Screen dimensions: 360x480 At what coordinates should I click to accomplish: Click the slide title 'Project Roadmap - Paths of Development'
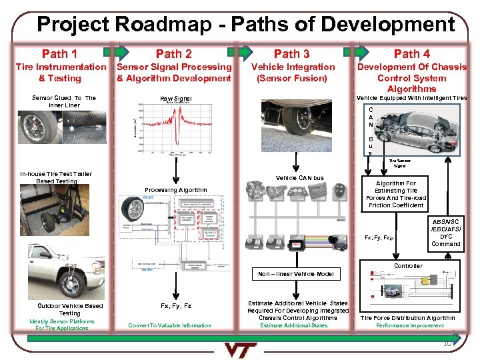click(x=245, y=25)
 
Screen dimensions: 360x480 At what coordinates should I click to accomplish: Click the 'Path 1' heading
click(x=59, y=53)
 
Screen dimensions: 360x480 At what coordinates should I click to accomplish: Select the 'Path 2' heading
click(x=173, y=53)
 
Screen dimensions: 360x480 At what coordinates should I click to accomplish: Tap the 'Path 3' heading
click(x=291, y=53)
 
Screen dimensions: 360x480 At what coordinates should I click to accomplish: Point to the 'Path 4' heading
click(x=411, y=53)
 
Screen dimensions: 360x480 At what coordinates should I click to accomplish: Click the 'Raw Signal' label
click(x=176, y=99)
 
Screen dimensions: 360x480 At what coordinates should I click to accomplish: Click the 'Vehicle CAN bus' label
click(x=299, y=178)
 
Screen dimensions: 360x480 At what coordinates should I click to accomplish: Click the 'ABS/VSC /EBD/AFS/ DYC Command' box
click(x=445, y=233)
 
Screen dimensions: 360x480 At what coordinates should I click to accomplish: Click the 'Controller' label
click(x=408, y=266)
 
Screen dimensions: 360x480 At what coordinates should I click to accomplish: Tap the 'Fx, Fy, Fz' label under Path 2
click(x=176, y=306)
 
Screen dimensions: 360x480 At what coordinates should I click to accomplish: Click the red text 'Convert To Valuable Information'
click(x=169, y=325)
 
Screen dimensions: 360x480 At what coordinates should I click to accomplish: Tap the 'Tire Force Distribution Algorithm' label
click(x=407, y=318)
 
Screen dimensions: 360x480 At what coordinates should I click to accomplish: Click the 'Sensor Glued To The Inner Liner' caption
click(x=64, y=101)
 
